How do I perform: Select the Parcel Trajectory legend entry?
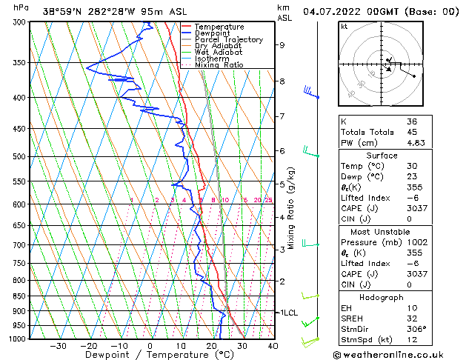(228, 40)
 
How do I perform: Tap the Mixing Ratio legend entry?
(219, 64)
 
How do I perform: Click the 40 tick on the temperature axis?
(273, 346)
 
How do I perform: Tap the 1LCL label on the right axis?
(287, 313)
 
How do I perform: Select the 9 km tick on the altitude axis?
(282, 45)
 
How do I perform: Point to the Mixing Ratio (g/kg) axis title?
(292, 207)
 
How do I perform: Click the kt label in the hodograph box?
(344, 27)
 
